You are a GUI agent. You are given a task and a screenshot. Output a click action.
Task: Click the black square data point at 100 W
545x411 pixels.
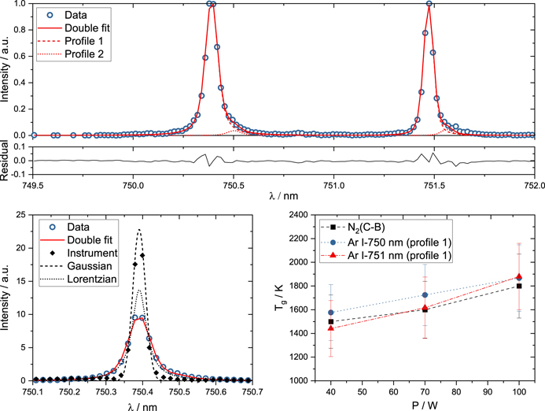pyautogui.click(x=517, y=286)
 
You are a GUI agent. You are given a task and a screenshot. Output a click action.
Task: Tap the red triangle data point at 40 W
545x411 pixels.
pyautogui.click(x=332, y=327)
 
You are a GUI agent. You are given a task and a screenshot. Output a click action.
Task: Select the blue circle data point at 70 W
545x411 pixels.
pyautogui.click(x=425, y=294)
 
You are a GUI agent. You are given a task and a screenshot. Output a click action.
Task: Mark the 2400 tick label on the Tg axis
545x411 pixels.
pyautogui.click(x=296, y=215)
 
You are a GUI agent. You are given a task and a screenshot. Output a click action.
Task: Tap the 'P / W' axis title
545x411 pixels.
pyautogui.click(x=425, y=405)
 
